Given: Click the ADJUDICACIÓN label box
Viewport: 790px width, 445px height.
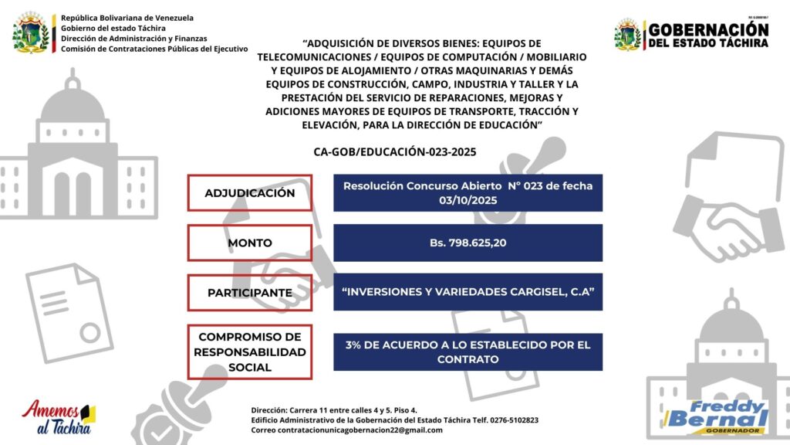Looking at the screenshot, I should [249, 192].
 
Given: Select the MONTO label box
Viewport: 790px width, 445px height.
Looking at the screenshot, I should [249, 243].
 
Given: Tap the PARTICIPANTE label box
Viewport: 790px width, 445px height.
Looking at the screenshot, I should [249, 293].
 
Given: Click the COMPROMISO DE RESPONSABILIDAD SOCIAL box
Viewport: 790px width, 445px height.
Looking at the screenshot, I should [249, 352].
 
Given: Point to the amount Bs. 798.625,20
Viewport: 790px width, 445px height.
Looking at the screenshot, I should [468, 243].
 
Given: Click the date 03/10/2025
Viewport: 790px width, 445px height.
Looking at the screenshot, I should [468, 199].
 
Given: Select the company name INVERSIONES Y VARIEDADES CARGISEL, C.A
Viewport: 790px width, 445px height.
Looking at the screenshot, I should [468, 292].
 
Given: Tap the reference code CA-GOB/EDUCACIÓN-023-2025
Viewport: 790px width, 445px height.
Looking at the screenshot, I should [395, 151].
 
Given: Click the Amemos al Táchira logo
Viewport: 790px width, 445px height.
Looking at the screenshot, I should [59, 418].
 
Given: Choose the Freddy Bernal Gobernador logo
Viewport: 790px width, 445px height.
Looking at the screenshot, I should [717, 417].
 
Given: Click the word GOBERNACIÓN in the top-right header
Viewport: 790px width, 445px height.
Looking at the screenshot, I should [708, 29].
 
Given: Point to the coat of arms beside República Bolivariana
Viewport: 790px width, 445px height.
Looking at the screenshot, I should [32, 33].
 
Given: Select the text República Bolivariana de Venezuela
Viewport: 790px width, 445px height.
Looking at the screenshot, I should [127, 17].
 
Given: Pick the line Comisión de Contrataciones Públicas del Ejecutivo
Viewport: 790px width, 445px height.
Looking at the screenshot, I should [154, 48].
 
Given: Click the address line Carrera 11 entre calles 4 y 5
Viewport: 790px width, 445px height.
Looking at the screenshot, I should [346, 409].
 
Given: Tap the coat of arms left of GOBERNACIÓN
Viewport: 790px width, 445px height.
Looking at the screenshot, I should [628, 35].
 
